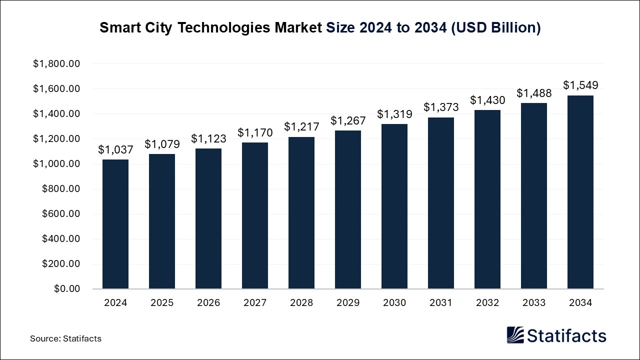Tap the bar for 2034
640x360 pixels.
point(580,192)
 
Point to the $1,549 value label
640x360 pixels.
point(580,85)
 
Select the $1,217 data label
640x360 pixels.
point(301,127)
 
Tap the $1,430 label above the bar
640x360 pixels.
point(487,100)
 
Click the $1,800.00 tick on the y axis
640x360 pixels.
point(56,64)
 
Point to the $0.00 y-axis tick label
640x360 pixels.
point(67,289)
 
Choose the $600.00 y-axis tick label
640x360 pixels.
point(60,214)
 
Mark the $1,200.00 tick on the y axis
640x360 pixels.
point(56,139)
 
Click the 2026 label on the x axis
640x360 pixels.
point(208,303)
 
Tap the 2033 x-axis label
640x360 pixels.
point(534,303)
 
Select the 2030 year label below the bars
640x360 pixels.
point(394,303)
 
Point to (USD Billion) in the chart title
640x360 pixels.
point(496,28)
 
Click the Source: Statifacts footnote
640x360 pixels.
point(65,338)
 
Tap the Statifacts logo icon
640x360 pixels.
point(515,335)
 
